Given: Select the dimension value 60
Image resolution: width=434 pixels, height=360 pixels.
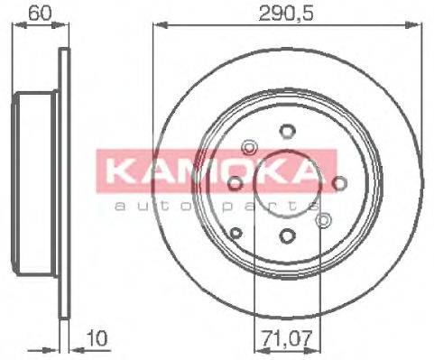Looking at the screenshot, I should [x=40, y=14].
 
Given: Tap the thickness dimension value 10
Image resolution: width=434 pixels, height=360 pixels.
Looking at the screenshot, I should [x=97, y=340].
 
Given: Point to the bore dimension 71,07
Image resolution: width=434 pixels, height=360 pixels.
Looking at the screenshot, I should [x=287, y=340].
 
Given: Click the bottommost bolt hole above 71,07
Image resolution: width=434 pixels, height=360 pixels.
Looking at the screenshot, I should [x=287, y=236].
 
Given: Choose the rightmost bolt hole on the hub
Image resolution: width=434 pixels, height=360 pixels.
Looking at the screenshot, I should [x=340, y=184].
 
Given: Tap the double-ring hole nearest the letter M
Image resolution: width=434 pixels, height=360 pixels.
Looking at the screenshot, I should [x=249, y=147].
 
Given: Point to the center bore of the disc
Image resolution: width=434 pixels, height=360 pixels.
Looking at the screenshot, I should [x=287, y=184].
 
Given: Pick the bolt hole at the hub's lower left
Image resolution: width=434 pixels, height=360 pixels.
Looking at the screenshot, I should [x=236, y=233].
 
